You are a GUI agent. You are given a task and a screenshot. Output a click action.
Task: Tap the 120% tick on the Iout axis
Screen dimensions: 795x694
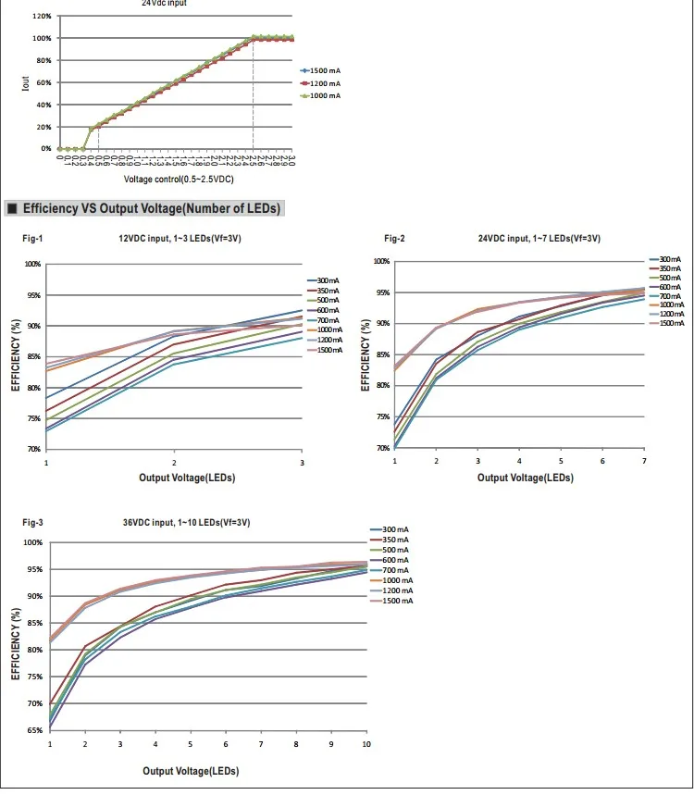(42, 17)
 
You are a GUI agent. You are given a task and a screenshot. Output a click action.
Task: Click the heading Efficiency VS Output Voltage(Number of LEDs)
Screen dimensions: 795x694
(151, 208)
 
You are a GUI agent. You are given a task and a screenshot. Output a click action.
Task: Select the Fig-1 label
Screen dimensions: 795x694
(32, 239)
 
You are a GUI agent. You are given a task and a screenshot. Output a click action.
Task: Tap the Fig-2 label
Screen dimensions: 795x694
(395, 238)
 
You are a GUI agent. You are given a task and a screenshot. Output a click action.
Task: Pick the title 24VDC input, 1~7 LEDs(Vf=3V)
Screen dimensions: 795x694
(539, 238)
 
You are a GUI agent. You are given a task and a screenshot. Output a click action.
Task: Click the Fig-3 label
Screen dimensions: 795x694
(32, 523)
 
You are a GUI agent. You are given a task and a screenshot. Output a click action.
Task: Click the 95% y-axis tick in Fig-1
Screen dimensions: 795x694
(32, 295)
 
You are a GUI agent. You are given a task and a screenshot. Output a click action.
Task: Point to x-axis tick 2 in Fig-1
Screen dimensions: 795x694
(174, 461)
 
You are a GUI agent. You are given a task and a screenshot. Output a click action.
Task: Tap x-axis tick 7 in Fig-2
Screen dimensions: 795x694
(644, 460)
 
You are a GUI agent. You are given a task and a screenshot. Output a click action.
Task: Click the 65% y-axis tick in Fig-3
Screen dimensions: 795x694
(33, 731)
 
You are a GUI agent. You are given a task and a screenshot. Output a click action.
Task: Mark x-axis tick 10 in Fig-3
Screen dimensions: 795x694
(366, 744)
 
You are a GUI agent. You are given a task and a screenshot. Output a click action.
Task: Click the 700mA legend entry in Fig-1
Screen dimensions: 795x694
(328, 320)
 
